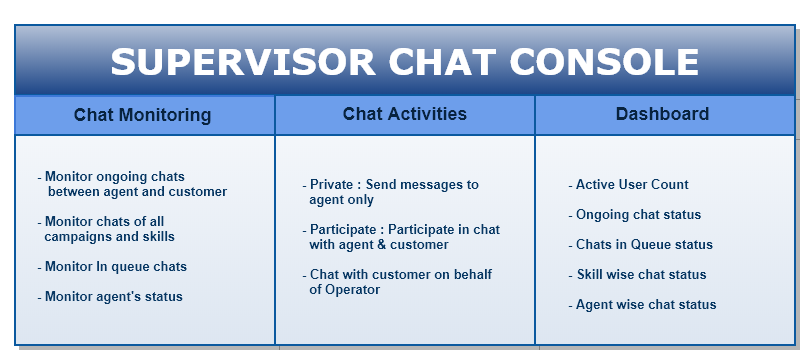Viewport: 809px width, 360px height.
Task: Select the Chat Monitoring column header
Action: point(142,115)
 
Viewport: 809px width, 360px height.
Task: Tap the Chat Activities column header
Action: point(404,114)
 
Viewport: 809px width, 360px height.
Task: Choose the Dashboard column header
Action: point(662,114)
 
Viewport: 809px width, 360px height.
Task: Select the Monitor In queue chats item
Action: point(115,267)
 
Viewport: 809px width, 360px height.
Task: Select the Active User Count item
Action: point(632,185)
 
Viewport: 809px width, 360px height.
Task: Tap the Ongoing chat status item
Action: point(638,215)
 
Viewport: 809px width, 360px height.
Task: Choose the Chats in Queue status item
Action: point(644,245)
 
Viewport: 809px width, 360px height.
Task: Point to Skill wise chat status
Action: point(641,275)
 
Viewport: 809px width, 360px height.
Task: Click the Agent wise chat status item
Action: point(646,305)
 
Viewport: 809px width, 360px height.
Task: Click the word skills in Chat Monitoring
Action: point(156,237)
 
